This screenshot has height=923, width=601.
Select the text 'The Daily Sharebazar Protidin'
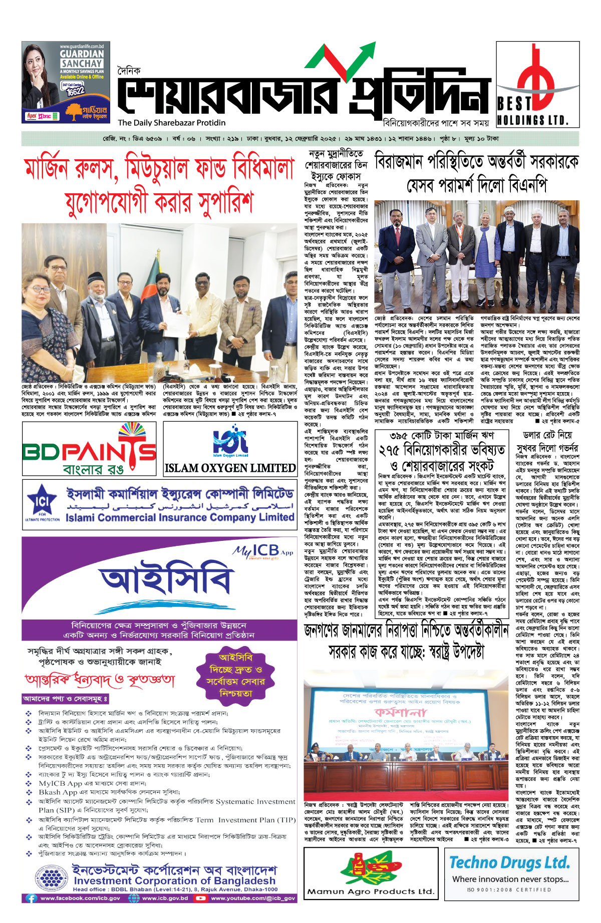(172, 123)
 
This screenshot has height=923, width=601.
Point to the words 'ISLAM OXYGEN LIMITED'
(230, 468)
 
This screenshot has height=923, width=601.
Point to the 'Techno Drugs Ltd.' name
(510, 862)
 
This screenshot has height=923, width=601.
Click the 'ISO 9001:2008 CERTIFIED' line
(509, 890)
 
